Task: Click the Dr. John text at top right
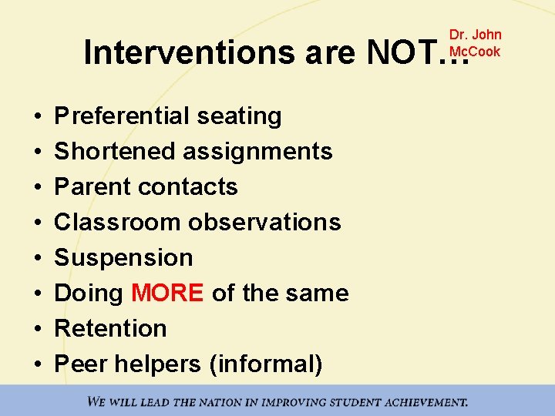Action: pos(475,35)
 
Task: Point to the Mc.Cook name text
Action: pos(475,52)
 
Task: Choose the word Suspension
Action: pos(123,258)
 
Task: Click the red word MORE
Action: pos(167,294)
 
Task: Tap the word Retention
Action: pos(110,329)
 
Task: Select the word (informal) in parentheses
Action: pos(265,364)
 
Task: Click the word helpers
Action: pos(159,364)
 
